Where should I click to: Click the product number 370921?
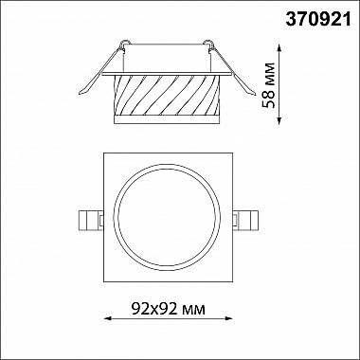[x=318, y=20]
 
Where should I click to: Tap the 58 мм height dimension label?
[x=269, y=85]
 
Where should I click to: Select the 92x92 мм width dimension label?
[x=169, y=309]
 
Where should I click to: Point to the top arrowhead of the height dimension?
[x=279, y=48]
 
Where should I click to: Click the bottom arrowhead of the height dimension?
[x=279, y=121]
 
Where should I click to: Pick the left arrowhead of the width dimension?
[x=107, y=318]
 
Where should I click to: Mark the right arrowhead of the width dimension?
[x=229, y=318]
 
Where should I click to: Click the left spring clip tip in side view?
[x=81, y=93]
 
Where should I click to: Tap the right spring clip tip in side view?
[x=254, y=93]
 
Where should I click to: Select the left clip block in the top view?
[x=91, y=220]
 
